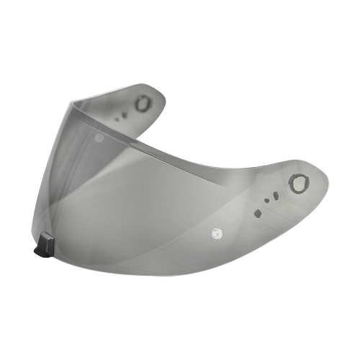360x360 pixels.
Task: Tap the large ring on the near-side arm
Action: tap(298, 184)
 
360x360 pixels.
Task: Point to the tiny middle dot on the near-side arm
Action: tap(266, 201)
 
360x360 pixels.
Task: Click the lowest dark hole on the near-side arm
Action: tap(258, 212)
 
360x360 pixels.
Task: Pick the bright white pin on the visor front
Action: tap(215, 232)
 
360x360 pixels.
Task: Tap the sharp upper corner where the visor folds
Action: tap(71, 100)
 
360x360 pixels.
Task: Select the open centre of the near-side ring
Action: tap(298, 184)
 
